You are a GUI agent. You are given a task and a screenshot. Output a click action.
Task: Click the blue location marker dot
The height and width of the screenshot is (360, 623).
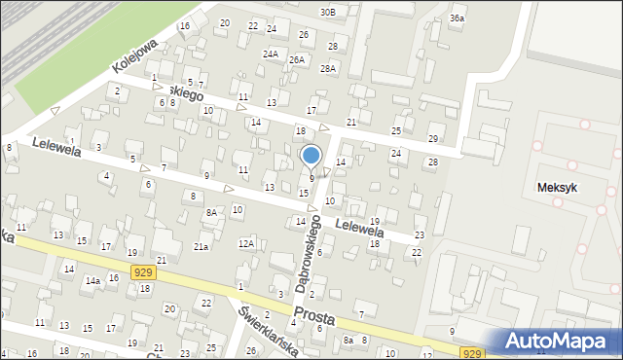(311, 156)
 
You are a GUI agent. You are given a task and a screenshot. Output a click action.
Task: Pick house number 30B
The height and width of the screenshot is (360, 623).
(327, 12)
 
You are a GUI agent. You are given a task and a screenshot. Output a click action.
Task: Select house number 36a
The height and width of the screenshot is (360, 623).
(457, 18)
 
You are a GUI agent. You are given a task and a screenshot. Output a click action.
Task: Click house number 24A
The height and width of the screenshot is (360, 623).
(271, 54)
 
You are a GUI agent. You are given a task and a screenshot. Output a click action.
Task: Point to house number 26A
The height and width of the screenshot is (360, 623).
(296, 59)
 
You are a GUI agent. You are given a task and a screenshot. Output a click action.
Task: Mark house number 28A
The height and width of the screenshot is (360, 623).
(328, 68)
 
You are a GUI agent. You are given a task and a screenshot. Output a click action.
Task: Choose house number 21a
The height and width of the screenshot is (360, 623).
(201, 247)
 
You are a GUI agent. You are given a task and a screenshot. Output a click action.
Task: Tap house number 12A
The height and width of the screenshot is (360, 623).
(246, 243)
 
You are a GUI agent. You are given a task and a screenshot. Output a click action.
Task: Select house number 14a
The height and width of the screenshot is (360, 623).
(92, 280)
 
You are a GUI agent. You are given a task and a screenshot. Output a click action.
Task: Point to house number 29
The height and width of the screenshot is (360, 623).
(432, 139)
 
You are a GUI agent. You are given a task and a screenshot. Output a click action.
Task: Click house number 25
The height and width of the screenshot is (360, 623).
(396, 130)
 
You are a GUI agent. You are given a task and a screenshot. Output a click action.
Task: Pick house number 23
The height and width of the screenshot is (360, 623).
(420, 235)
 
